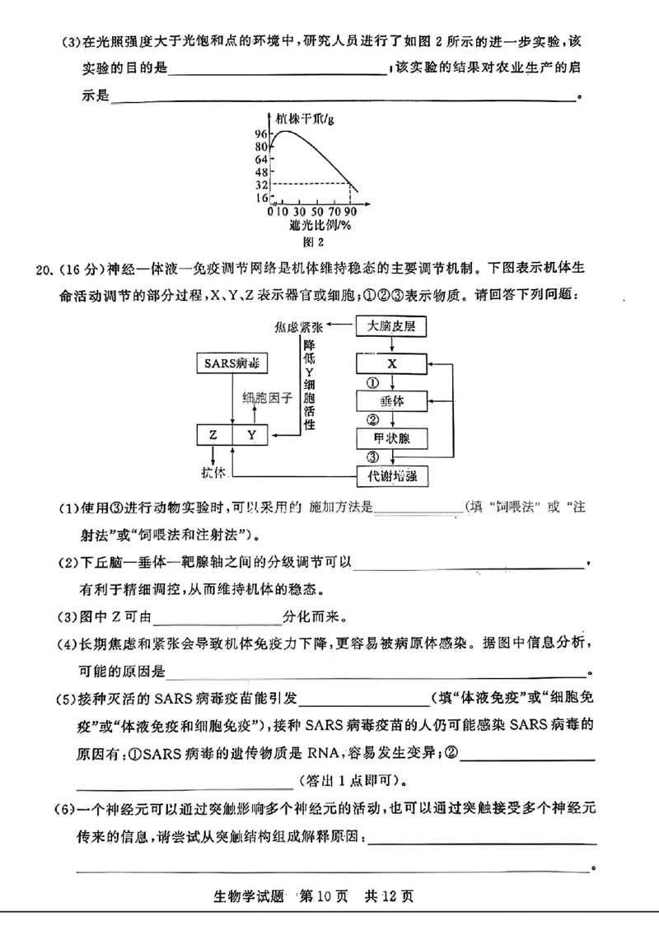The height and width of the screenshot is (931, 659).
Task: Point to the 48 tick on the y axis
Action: pyautogui.click(x=261, y=172)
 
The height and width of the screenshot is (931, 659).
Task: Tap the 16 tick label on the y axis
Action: pyautogui.click(x=261, y=199)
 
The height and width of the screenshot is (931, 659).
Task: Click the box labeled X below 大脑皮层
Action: pyautogui.click(x=391, y=363)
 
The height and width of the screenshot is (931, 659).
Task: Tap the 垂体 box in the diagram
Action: pyautogui.click(x=391, y=401)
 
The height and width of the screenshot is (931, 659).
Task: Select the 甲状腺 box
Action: pyautogui.click(x=391, y=438)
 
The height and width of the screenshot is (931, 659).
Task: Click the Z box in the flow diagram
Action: pyautogui.click(x=213, y=435)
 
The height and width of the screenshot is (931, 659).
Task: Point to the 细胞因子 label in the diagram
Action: pyautogui.click(x=268, y=398)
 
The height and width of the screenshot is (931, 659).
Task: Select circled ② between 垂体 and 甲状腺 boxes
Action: pyautogui.click(x=372, y=420)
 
